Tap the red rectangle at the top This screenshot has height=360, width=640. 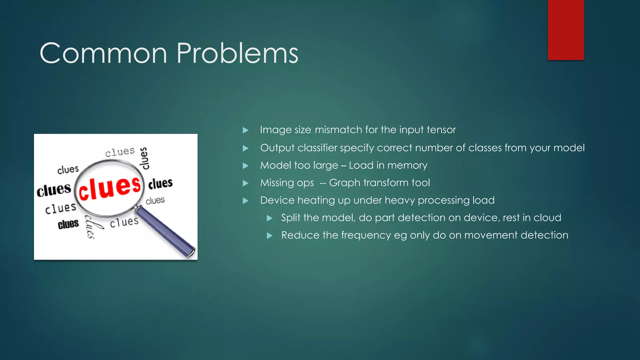pos(566,30)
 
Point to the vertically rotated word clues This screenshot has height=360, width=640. pos(144,158)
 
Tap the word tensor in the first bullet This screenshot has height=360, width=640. pos(441,130)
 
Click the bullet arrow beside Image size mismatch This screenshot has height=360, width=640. pos(246,130)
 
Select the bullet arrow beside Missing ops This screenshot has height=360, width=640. pos(246,183)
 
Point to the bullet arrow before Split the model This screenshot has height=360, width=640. pos(270,218)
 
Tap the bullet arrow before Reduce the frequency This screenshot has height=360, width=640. pos(270,236)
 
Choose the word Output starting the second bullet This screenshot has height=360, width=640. pos(277,148)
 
